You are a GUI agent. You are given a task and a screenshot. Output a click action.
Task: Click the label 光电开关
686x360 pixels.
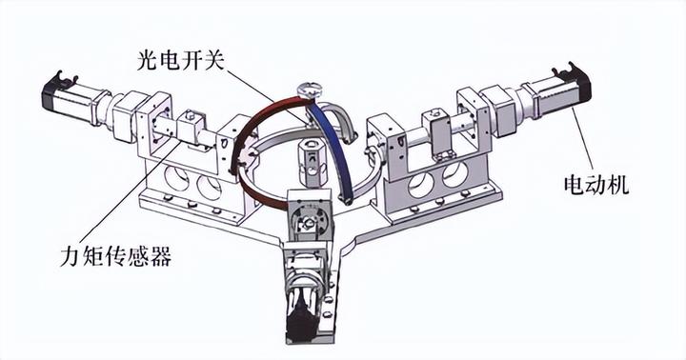point(181,60)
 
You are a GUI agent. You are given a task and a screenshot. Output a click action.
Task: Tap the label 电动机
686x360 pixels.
point(596,185)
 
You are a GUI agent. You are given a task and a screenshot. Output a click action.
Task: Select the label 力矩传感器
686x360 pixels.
point(116,255)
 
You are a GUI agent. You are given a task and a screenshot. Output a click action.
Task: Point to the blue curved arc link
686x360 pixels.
point(333,145)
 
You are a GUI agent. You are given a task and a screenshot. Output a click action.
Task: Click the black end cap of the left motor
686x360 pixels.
point(52,91)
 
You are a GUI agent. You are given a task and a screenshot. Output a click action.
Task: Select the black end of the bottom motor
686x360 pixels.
point(302,320)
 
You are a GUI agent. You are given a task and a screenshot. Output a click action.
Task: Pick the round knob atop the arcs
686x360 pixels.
point(310,90)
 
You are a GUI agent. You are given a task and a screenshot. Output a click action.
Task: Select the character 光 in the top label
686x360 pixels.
point(148,60)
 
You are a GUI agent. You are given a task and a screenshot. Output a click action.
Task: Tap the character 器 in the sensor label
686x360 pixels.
point(161,255)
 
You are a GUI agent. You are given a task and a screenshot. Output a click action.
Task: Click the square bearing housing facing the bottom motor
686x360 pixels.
point(310,213)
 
